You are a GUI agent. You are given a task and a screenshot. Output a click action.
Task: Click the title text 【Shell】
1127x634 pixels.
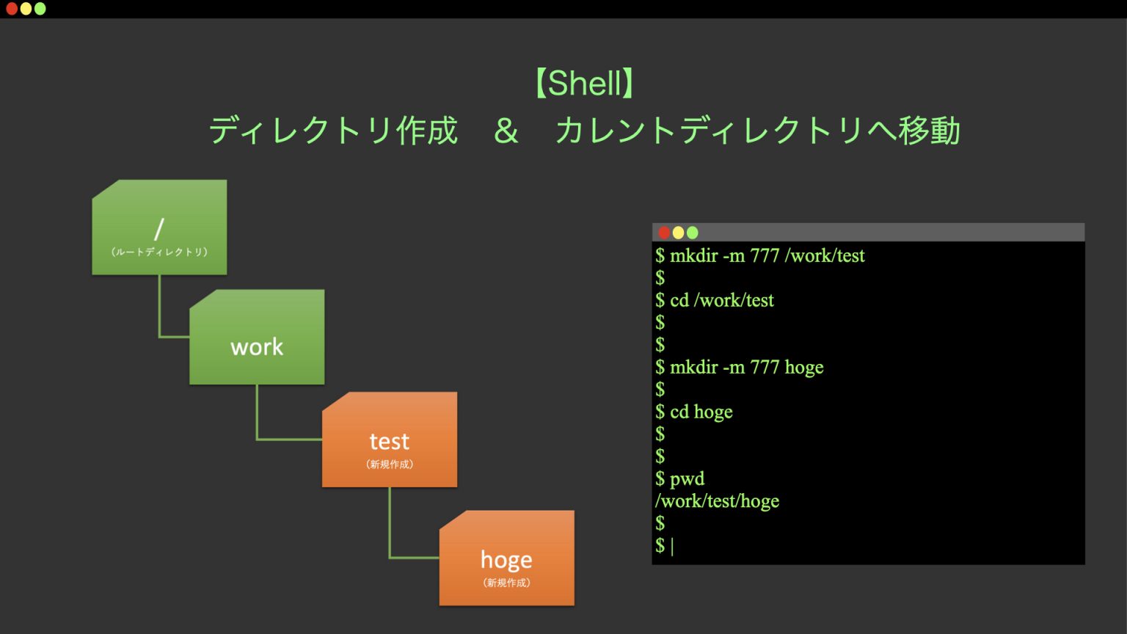point(585,83)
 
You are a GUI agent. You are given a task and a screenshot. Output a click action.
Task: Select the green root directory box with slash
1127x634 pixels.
point(159,227)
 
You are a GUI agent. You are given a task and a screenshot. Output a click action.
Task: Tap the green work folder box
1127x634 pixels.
point(257,338)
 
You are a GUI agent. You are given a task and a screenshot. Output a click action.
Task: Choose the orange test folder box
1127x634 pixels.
point(390,440)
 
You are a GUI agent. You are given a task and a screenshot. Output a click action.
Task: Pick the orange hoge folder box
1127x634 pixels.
point(507,558)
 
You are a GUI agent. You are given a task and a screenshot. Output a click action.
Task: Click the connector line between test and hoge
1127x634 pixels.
point(390,528)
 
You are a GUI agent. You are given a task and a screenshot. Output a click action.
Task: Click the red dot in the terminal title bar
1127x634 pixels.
point(664,233)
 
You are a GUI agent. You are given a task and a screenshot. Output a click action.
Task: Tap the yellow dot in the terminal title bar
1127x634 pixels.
point(678,233)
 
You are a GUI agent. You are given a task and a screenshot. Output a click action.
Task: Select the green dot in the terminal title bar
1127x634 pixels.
point(692,233)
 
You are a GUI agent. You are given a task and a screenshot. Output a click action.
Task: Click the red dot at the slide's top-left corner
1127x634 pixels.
point(12,9)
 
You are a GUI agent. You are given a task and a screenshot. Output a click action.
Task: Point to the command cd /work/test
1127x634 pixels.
point(721,300)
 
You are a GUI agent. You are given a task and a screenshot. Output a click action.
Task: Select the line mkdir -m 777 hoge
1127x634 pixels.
point(746,367)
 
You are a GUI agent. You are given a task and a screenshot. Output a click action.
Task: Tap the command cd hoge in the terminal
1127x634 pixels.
point(701,412)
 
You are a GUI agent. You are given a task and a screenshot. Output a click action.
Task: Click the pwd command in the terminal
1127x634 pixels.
point(687,479)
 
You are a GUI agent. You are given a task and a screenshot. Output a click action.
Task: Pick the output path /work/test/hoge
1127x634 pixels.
point(717,501)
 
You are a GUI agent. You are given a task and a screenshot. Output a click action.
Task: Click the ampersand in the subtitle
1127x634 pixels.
point(506,131)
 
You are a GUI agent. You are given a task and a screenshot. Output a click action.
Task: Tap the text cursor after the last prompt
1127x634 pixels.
point(672,546)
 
